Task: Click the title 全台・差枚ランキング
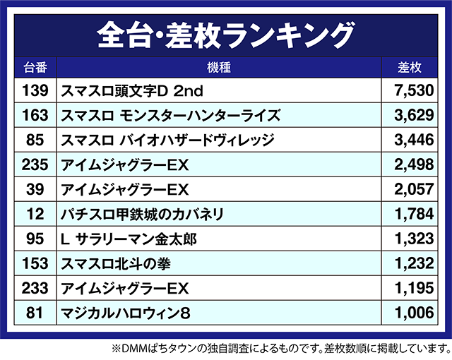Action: (225, 32)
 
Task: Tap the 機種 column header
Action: (220, 68)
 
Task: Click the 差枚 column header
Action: (409, 68)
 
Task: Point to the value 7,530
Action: (412, 90)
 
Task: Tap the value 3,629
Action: (412, 115)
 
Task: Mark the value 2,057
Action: (412, 189)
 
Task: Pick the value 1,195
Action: (412, 288)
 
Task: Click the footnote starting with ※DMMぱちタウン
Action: (280, 348)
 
